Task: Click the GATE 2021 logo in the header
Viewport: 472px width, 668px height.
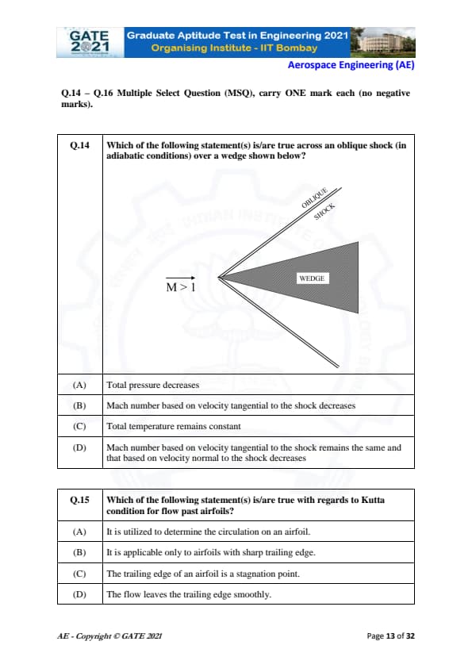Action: (x=90, y=42)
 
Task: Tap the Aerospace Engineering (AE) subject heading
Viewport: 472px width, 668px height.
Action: (x=351, y=65)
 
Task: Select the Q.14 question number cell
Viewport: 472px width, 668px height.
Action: (x=79, y=145)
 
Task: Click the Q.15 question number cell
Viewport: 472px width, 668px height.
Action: (x=79, y=500)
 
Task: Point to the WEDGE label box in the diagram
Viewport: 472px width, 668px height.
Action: (x=313, y=278)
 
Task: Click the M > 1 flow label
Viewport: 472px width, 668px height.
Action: (x=181, y=287)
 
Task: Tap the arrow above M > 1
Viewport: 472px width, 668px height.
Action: (x=180, y=278)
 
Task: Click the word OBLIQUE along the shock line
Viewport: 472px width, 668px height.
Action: (x=314, y=198)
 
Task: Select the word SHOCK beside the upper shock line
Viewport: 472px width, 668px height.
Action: (x=324, y=212)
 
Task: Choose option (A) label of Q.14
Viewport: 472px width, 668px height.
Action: (x=79, y=385)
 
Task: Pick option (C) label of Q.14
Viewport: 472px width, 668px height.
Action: (x=79, y=427)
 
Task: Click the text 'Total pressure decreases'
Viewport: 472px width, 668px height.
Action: (x=153, y=385)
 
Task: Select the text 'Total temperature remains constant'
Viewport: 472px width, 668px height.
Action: (x=174, y=427)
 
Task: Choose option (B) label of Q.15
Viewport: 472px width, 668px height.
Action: (x=79, y=552)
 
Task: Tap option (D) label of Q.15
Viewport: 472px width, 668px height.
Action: (x=79, y=594)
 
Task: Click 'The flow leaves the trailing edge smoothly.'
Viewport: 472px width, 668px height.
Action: (x=189, y=594)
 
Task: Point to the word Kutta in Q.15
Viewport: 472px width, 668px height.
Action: (x=373, y=500)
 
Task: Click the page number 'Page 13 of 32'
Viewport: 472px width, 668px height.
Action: (x=390, y=636)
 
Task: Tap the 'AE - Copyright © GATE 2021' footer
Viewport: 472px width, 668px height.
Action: (x=110, y=636)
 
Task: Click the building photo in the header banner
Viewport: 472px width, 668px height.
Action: (x=382, y=42)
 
